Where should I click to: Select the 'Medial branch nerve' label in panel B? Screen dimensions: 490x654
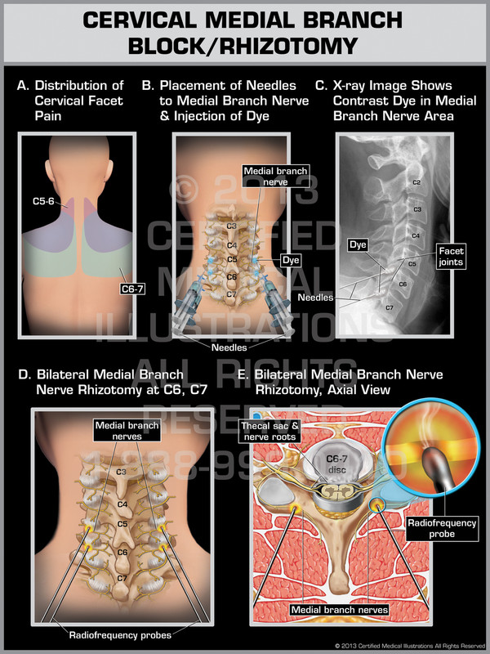tap(263, 177)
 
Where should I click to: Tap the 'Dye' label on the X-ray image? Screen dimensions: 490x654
tap(357, 244)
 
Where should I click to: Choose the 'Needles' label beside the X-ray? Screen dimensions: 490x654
tap(316, 298)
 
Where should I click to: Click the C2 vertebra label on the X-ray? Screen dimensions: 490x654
tap(416, 181)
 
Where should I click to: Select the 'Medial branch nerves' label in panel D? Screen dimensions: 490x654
tap(115, 431)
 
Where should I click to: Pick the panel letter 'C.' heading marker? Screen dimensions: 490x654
tap(322, 85)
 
